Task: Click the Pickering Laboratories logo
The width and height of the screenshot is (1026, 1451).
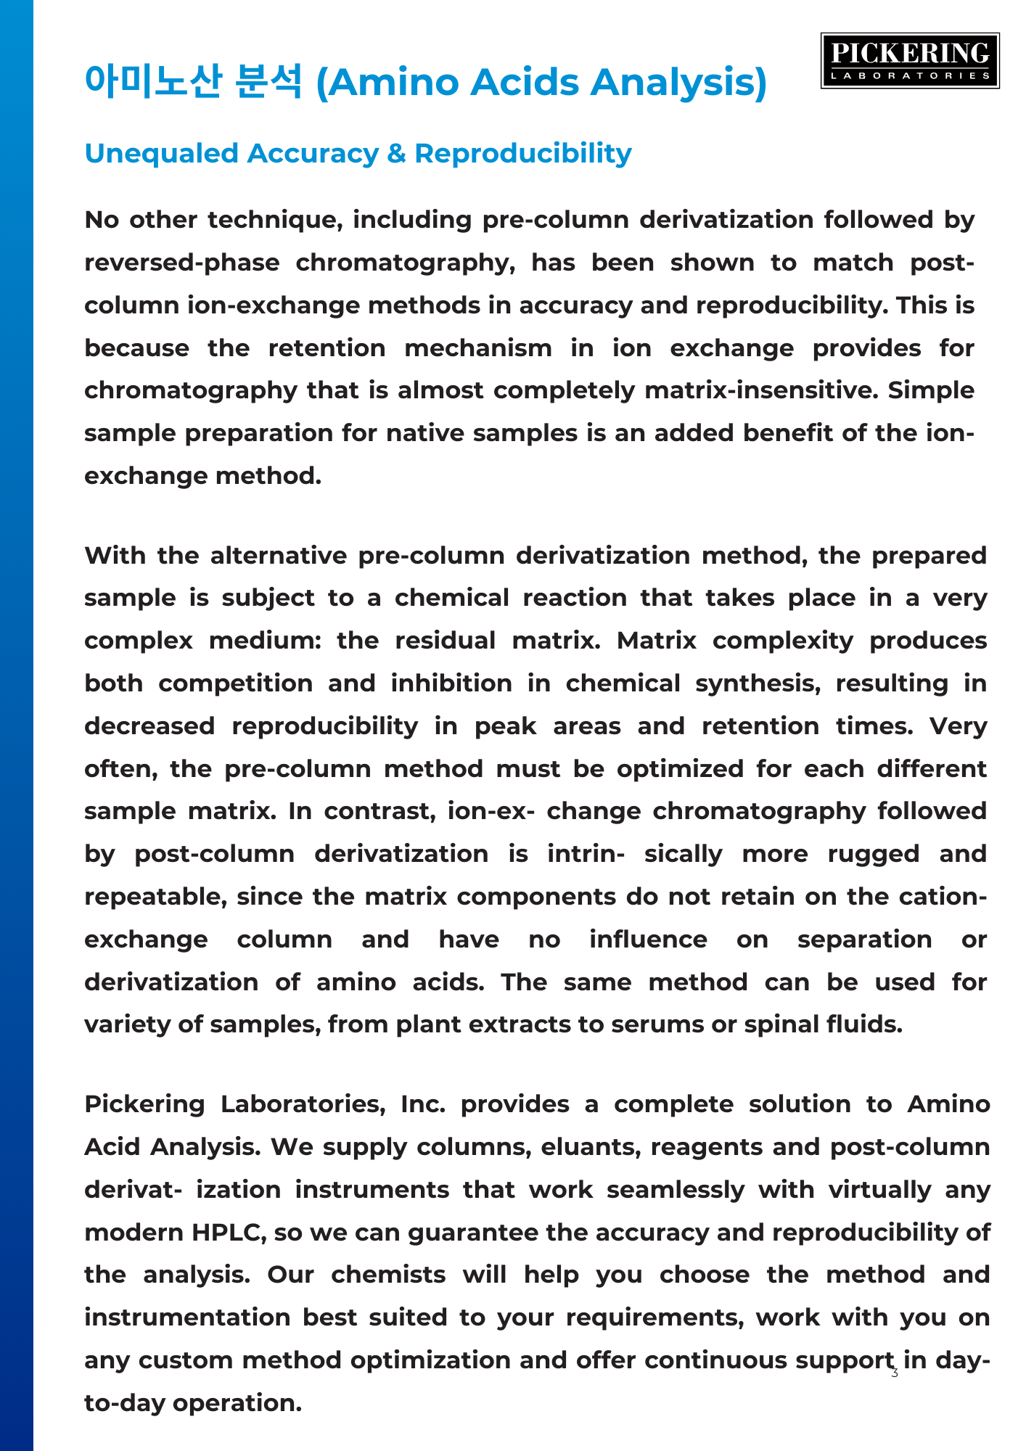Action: [x=910, y=61]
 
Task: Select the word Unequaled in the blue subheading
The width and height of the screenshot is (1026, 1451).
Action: [x=161, y=154]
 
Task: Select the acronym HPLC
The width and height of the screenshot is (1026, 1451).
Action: [x=225, y=1233]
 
